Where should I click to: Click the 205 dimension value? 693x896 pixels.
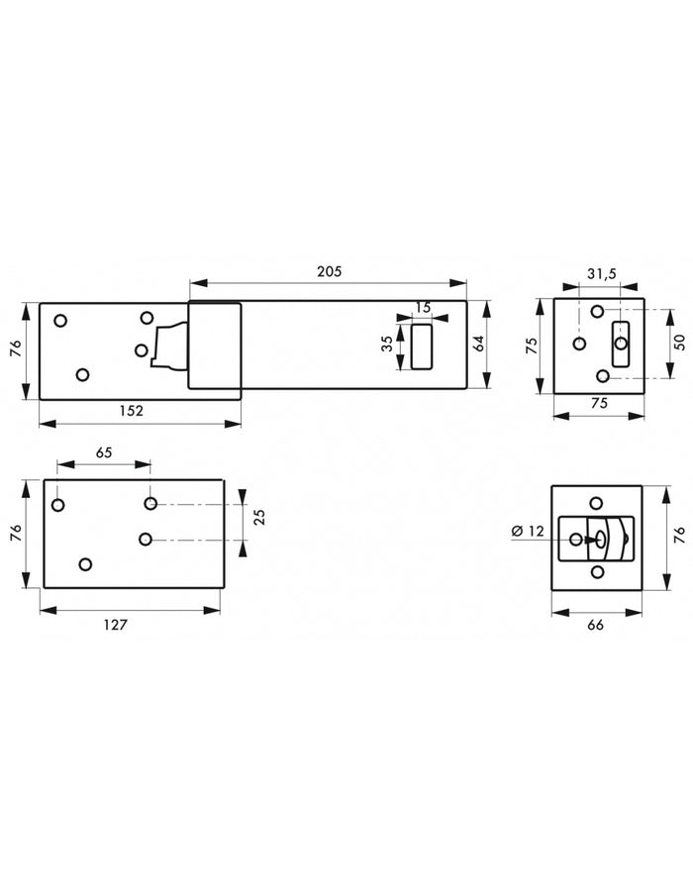[x=329, y=271]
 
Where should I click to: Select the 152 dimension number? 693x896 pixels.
[x=131, y=411]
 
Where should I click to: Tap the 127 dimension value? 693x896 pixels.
[x=116, y=625]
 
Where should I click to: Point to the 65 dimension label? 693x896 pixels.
[x=104, y=452]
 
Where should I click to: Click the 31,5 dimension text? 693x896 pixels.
[x=602, y=274]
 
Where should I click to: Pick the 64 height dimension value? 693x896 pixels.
[x=479, y=344]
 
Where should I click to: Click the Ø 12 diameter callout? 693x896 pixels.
[x=529, y=531]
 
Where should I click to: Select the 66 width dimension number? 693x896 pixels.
[x=595, y=625]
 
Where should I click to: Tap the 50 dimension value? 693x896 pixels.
[x=679, y=343]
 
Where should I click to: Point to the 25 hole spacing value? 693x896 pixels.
[x=259, y=517]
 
